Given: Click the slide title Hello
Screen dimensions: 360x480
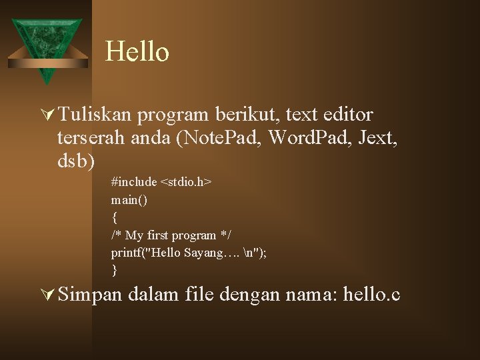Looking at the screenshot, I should click(x=137, y=52).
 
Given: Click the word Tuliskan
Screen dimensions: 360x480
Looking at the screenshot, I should click(x=95, y=115).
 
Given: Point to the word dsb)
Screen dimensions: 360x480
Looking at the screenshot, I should click(x=76, y=161).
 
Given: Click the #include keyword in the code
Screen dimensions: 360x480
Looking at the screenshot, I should click(x=134, y=182).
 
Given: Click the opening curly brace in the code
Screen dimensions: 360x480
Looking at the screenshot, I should click(x=115, y=217).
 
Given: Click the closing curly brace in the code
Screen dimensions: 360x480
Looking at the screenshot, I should click(x=115, y=271).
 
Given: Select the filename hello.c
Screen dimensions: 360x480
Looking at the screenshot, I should click(x=371, y=293).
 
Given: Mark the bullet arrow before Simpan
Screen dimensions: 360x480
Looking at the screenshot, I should click(x=47, y=294).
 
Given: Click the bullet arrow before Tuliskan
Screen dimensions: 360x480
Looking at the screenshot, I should click(x=47, y=115).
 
